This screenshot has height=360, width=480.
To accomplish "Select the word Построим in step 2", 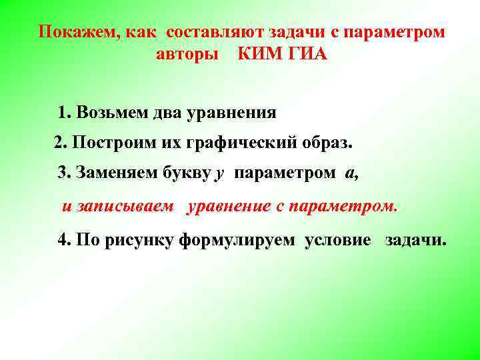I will (x=107, y=143).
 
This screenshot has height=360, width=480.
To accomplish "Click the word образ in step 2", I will (x=325, y=143).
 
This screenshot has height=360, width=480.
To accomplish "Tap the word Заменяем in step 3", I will (x=117, y=174).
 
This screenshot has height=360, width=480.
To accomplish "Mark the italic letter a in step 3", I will (x=349, y=174).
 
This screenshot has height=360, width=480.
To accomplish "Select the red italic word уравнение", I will (x=229, y=206).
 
